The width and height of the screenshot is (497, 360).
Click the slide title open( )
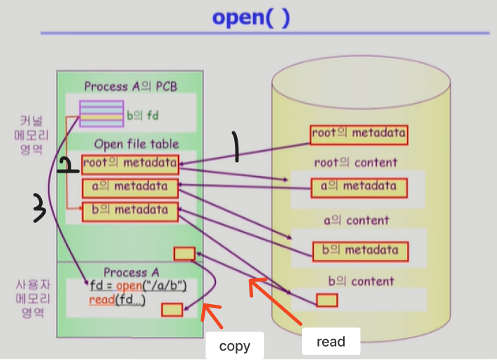(250, 17)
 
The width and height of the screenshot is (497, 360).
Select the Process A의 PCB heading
(131, 86)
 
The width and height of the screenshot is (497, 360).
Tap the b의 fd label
(143, 115)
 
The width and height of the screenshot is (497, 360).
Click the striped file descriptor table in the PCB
(101, 113)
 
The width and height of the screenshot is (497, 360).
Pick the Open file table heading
(136, 144)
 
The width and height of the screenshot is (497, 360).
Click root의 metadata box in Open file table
(130, 164)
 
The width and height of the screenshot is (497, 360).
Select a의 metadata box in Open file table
(130, 187)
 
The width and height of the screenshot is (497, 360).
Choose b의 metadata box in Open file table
(130, 210)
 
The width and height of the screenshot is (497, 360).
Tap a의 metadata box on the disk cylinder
(359, 187)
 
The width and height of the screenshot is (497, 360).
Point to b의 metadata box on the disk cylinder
(359, 251)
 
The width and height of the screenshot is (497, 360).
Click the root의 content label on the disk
(356, 163)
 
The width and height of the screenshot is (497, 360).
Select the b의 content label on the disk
(361, 282)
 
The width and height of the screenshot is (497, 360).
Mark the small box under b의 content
(326, 300)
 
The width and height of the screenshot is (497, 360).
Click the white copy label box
(234, 345)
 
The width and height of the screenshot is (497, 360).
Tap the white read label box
(331, 341)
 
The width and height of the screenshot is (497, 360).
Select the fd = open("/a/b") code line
(143, 286)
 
